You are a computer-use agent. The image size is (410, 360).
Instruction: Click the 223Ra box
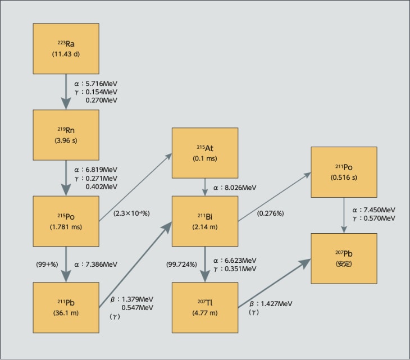pyautogui.click(x=66, y=49)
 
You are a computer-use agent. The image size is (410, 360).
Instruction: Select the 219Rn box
pyautogui.click(x=66, y=135)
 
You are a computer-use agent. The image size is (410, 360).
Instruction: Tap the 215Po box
pyautogui.click(x=66, y=221)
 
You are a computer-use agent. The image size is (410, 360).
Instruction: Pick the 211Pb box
pyautogui.click(x=66, y=308)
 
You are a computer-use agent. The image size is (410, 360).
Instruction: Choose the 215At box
pyautogui.click(x=204, y=153)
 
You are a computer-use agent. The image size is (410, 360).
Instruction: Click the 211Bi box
pyautogui.click(x=204, y=221)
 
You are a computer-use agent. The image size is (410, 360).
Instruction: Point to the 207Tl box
pyautogui.click(x=204, y=308)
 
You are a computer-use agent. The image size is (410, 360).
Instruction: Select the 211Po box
pyautogui.click(x=343, y=171)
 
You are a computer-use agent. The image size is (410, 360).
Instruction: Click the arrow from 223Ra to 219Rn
pyautogui.click(x=66, y=92)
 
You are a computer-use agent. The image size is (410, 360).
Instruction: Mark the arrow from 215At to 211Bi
pyautogui.click(x=204, y=187)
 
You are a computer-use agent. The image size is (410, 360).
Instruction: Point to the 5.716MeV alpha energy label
pyautogui.click(x=95, y=83)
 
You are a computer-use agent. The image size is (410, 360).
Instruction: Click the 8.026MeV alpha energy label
pyautogui.click(x=236, y=188)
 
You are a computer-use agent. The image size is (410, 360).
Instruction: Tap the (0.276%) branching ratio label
pyautogui.click(x=270, y=213)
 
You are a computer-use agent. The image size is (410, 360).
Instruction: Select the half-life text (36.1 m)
pyautogui.click(x=66, y=312)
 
